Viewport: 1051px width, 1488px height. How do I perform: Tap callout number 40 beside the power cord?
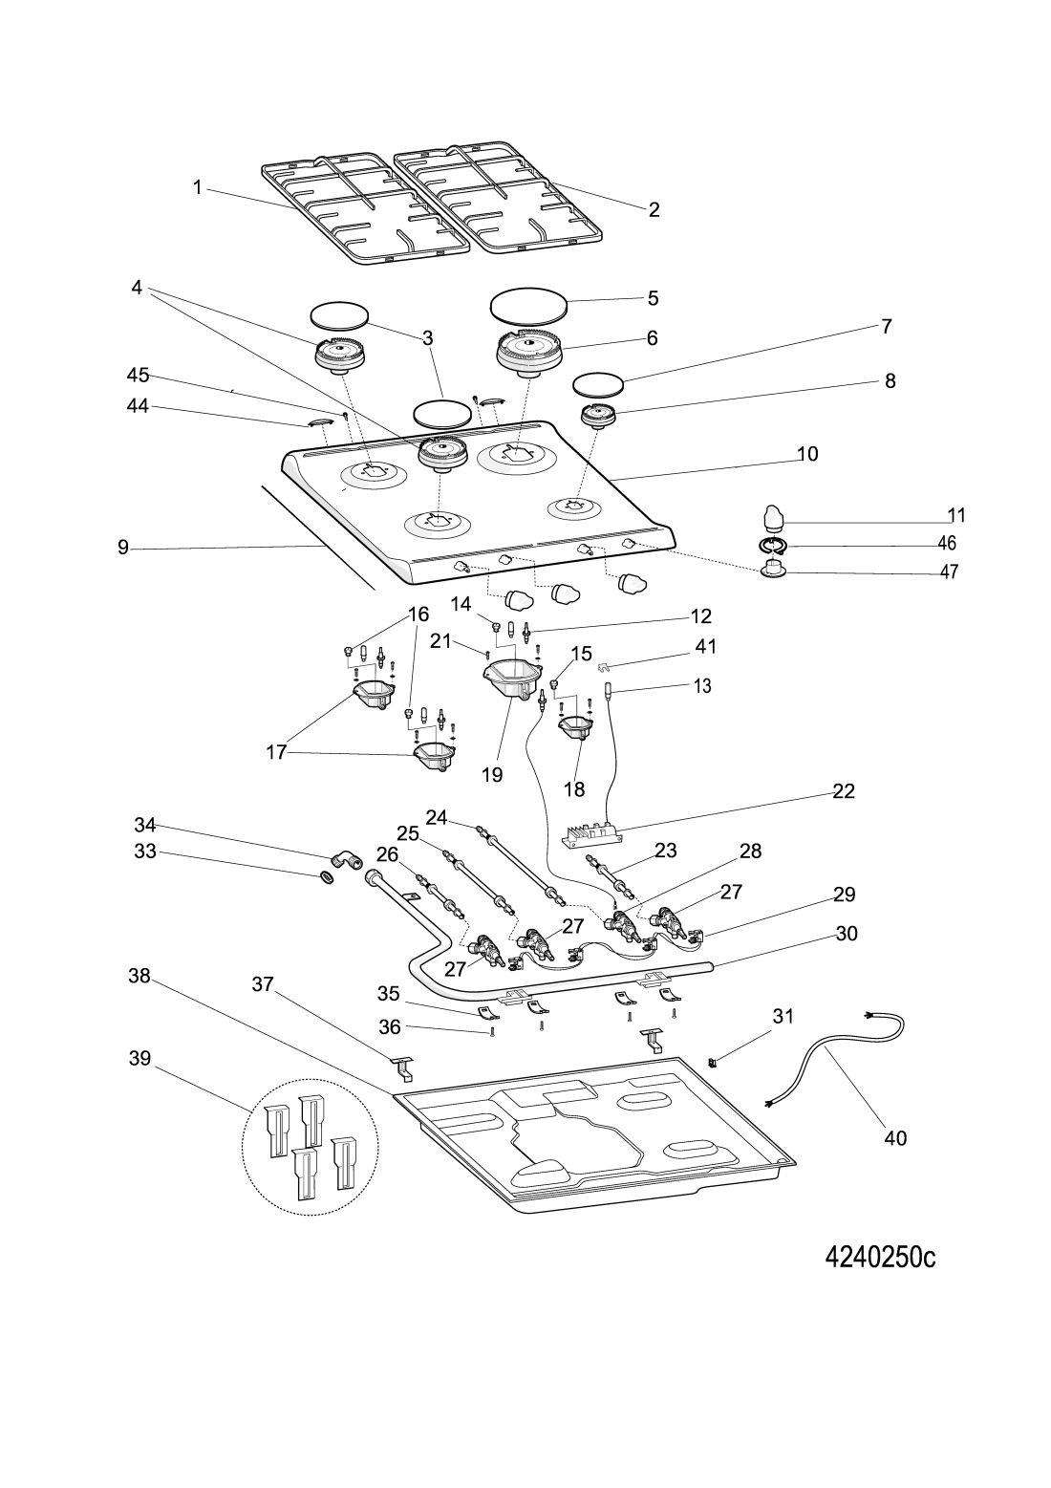pos(895,1138)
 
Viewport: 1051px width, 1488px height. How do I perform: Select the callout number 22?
pos(843,791)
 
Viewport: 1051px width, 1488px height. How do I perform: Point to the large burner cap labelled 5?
pos(527,305)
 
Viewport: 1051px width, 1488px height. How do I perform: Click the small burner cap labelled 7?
pos(598,384)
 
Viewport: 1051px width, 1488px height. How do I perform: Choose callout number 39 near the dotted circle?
pos(140,1060)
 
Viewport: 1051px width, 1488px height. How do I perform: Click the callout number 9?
pos(122,549)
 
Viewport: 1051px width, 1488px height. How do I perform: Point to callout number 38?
pos(140,976)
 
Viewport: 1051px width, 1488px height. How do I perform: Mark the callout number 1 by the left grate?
pos(198,188)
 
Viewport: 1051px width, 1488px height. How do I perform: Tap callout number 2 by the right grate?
pos(654,210)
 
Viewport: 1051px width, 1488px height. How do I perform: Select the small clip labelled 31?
pos(713,1061)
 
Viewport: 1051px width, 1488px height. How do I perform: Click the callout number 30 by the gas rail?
pos(847,934)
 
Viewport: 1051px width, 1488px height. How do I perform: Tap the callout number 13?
pos(702,686)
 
